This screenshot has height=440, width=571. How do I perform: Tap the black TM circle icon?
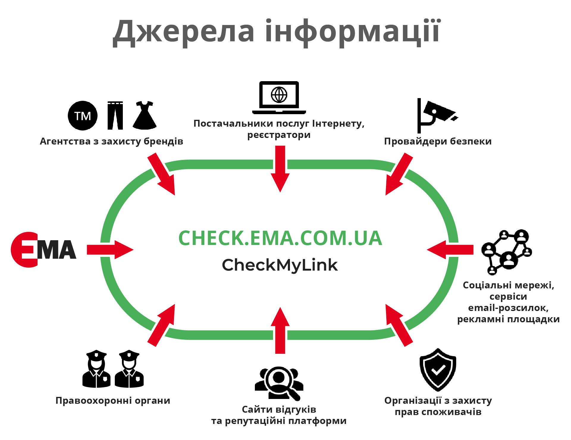click(83, 116)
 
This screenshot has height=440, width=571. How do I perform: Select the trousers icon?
click(115, 115)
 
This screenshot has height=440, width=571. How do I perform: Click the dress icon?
click(145, 115)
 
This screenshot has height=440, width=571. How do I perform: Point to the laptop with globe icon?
click(279, 98)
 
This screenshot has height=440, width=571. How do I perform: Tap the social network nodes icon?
click(507, 252)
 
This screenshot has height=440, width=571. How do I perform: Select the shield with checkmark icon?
click(438, 370)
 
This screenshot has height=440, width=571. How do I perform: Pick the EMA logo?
click(43, 250)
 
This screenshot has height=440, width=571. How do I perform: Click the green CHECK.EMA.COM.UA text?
click(280, 238)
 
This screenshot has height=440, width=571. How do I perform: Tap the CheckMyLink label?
click(280, 265)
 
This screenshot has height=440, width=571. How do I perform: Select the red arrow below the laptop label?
click(280, 168)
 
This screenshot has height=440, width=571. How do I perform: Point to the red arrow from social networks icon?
click(450, 250)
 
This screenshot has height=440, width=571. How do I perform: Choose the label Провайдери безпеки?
click(438, 141)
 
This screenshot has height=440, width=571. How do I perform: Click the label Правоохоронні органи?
click(113, 400)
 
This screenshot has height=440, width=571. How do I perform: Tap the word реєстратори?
click(279, 135)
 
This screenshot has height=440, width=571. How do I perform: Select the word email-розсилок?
click(508, 308)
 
